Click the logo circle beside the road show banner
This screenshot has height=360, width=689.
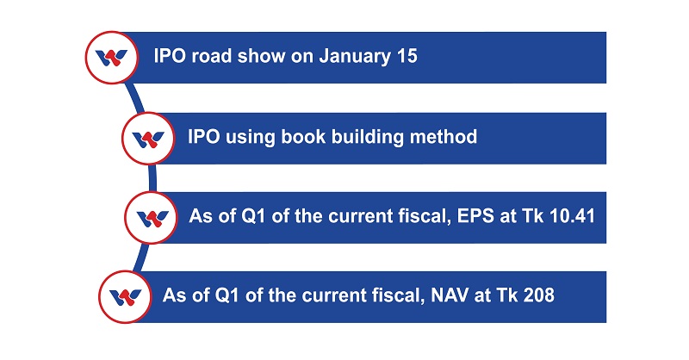point(112,57)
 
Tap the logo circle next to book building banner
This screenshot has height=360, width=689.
point(148,138)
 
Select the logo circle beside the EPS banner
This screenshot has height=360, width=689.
point(152,218)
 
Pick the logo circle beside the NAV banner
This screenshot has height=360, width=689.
point(125,297)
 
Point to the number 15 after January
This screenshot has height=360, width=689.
point(407,56)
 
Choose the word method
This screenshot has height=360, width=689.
point(444,136)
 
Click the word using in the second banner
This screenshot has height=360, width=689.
point(251,138)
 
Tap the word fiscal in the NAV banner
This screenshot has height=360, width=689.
point(400,295)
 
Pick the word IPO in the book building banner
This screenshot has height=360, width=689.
point(203,136)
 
